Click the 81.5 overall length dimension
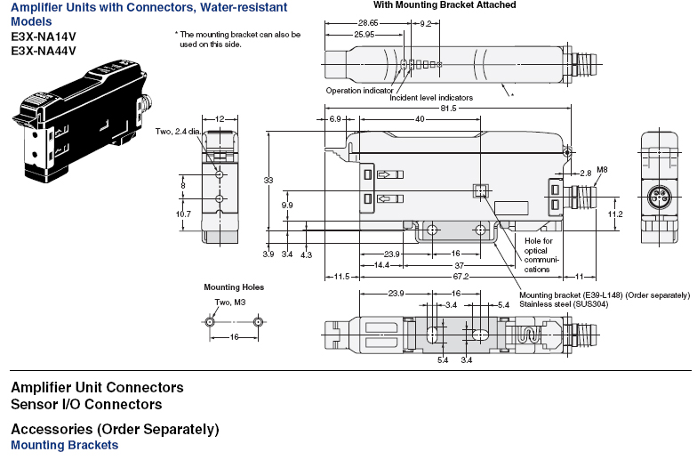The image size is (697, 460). pyautogui.click(x=448, y=109)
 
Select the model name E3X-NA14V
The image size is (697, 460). pyautogui.click(x=44, y=36)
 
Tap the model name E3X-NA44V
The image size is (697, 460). pyautogui.click(x=44, y=51)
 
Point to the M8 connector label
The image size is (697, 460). pyautogui.click(x=602, y=169)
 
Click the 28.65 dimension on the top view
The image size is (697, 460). pyautogui.click(x=368, y=23)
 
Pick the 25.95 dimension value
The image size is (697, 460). pyautogui.click(x=365, y=34)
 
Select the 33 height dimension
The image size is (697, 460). pyautogui.click(x=268, y=180)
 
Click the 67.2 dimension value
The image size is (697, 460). pyautogui.click(x=461, y=276)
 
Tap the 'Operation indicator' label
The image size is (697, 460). pyautogui.click(x=359, y=91)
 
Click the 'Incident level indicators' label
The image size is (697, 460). pyautogui.click(x=431, y=98)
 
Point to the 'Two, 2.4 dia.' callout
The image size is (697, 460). pyautogui.click(x=178, y=132)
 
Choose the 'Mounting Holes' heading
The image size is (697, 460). pyautogui.click(x=234, y=286)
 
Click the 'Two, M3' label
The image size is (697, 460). pyautogui.click(x=229, y=303)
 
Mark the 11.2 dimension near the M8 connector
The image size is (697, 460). pyautogui.click(x=615, y=214)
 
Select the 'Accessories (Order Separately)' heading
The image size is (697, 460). pyautogui.click(x=115, y=429)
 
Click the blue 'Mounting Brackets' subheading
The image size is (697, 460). pyautogui.click(x=64, y=445)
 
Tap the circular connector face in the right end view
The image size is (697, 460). pyautogui.click(x=660, y=196)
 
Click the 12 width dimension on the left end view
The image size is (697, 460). pyautogui.click(x=220, y=119)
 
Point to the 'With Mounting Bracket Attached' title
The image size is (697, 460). pyautogui.click(x=445, y=5)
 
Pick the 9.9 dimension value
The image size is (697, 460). pyautogui.click(x=287, y=205)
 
